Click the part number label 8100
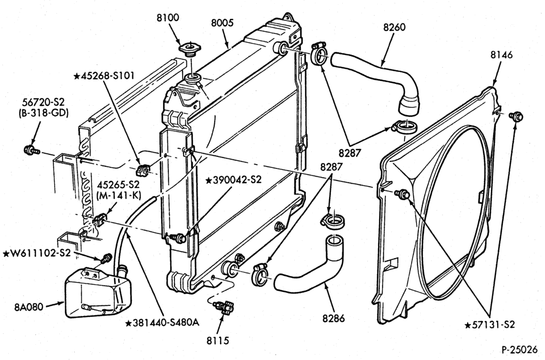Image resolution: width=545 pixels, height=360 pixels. (167, 17)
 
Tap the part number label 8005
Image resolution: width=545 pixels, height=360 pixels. (222, 23)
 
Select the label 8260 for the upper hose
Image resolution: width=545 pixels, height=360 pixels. (395, 27)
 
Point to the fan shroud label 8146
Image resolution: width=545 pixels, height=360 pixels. (501, 55)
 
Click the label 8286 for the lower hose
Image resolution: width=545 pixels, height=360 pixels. (334, 318)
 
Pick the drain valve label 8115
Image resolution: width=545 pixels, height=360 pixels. (218, 340)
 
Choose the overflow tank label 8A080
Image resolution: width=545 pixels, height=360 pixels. (29, 307)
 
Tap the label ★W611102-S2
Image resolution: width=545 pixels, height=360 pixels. (37, 253)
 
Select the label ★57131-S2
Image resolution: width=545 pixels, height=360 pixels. (490, 325)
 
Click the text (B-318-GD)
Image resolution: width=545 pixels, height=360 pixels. (44, 113)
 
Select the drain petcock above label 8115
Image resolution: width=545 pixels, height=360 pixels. (224, 307)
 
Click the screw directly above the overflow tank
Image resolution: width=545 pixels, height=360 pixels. (107, 258)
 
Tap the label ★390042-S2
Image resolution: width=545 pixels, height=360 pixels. (233, 180)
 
